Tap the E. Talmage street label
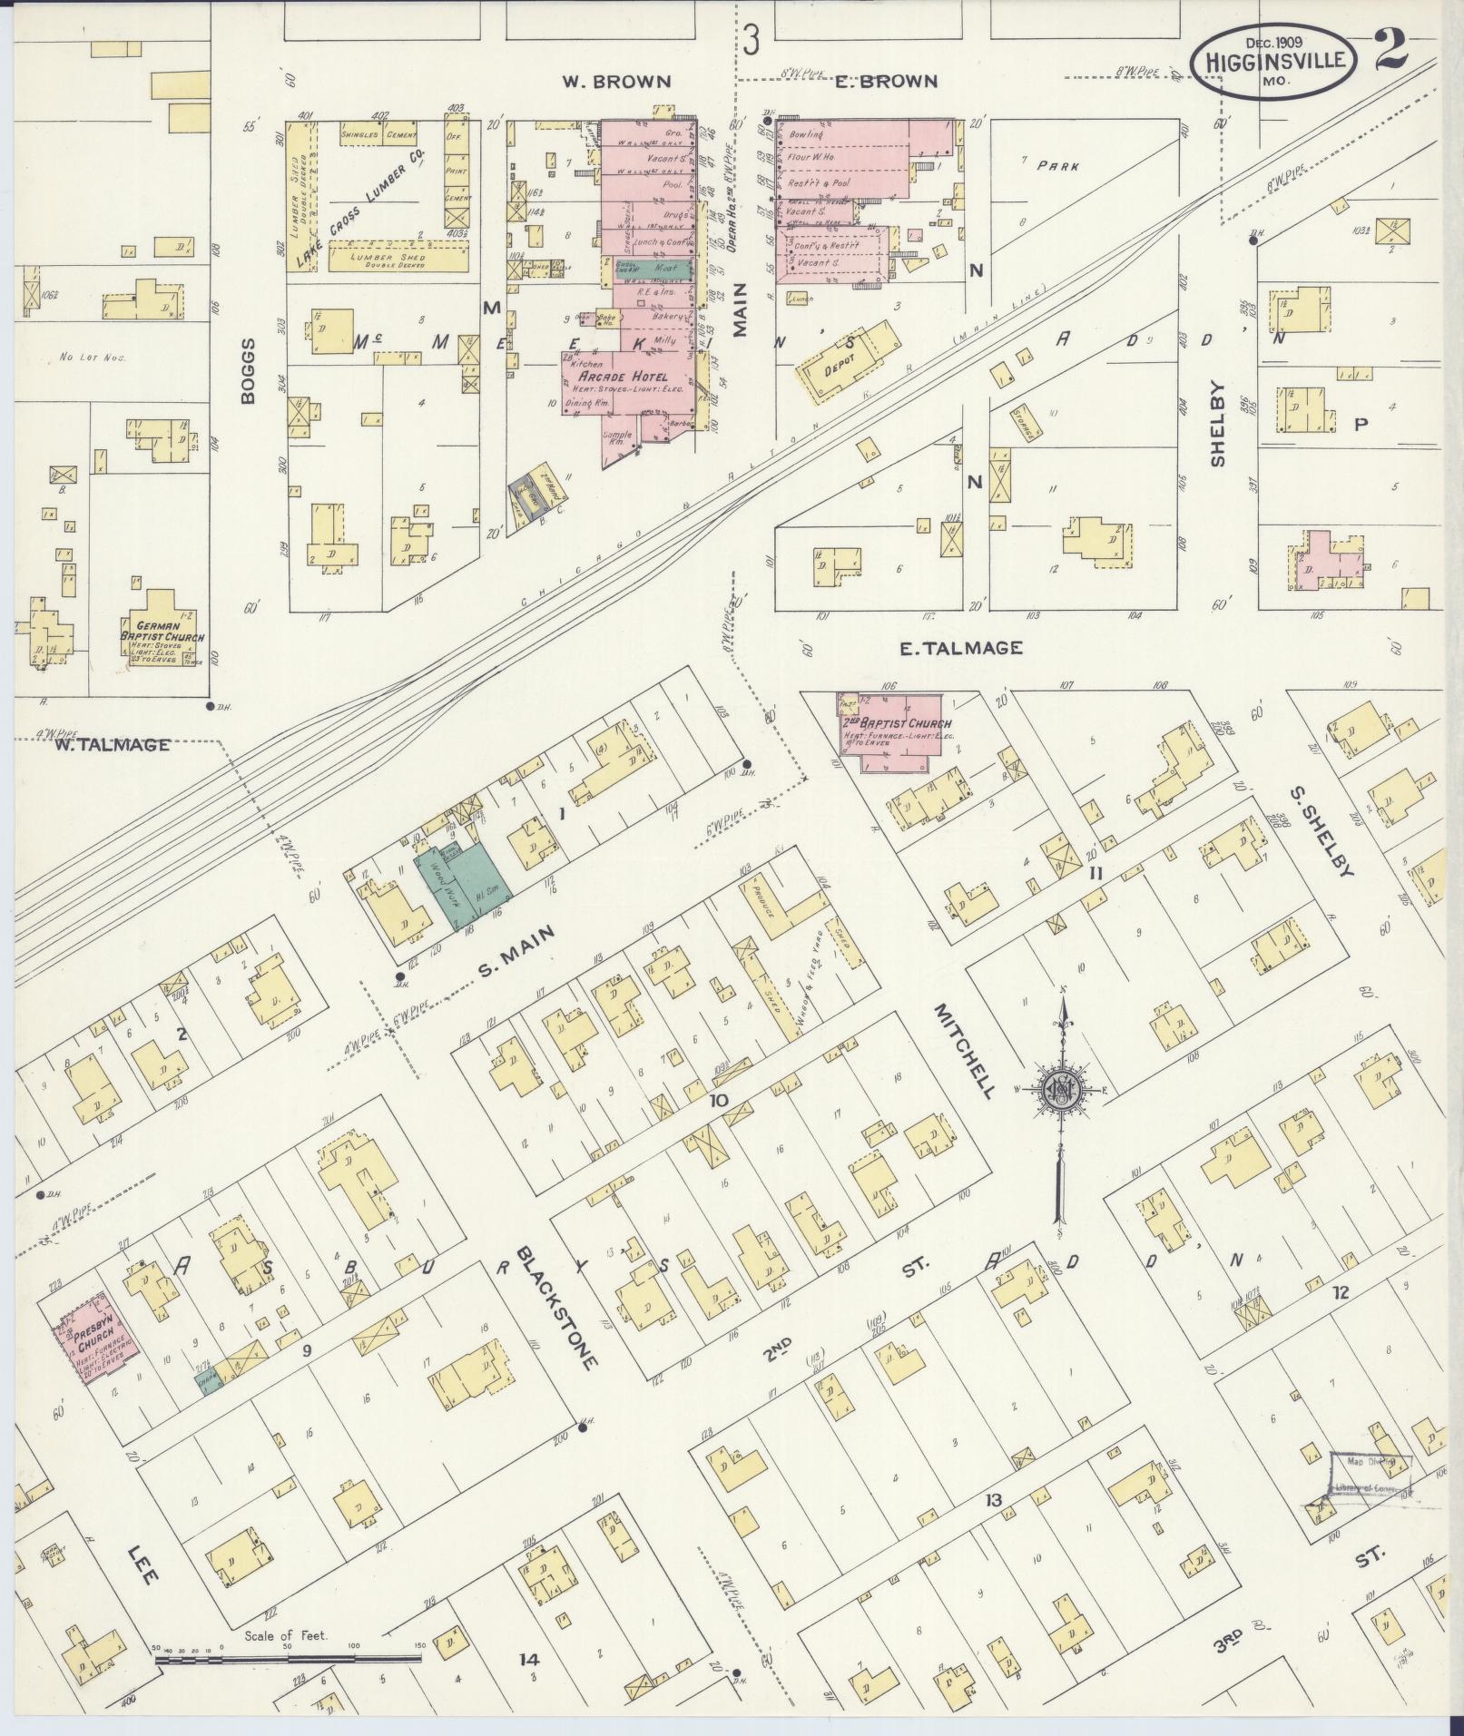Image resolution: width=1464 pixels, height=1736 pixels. (x=960, y=648)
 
